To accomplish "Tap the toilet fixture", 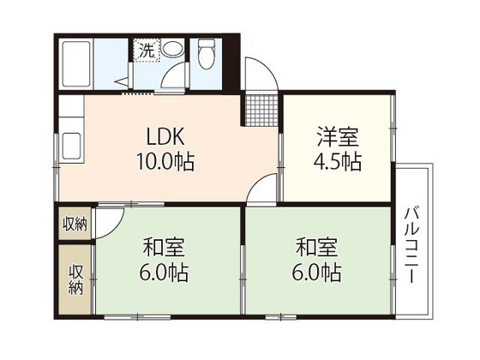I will point(206,56).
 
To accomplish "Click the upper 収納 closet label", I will point(75,225).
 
